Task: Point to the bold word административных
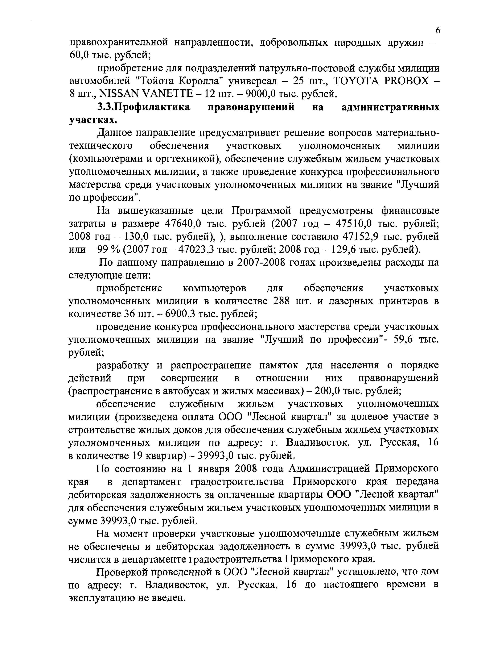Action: click(391, 107)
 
